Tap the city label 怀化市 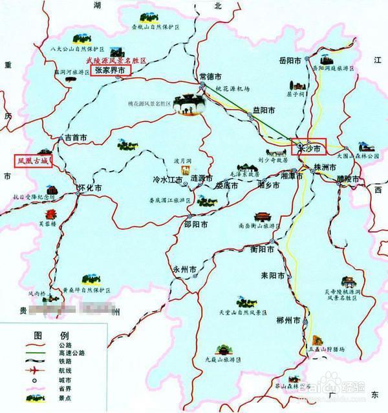click(90, 188)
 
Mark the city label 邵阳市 click(196, 225)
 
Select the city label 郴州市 click(288, 321)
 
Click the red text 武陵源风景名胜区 click(117, 60)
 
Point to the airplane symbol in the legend click(31, 370)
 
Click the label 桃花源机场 click(232, 88)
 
